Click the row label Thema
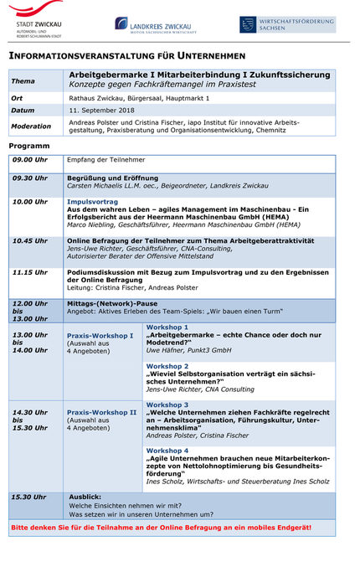(x=23, y=81)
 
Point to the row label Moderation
(x=32, y=126)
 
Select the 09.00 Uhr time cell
(x=30, y=159)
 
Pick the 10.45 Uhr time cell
(x=30, y=240)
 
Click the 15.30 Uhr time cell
(x=30, y=496)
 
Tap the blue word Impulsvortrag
(x=92, y=202)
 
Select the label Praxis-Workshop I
(x=100, y=335)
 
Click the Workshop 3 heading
(x=167, y=405)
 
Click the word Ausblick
(x=85, y=496)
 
